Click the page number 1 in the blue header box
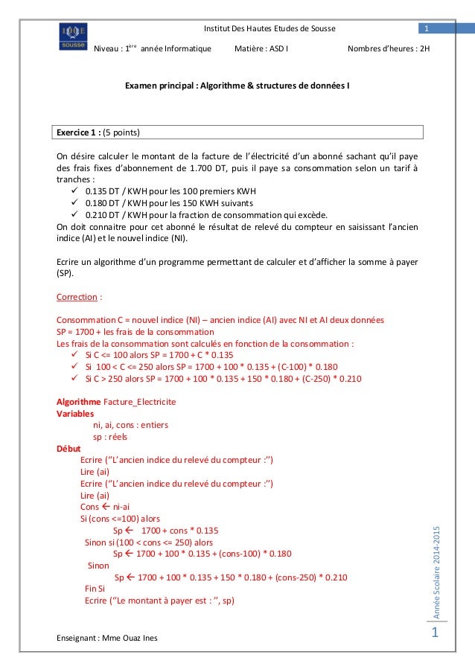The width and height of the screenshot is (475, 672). click(427, 29)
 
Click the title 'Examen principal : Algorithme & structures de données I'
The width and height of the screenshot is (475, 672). click(238, 86)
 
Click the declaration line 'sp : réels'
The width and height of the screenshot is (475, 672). click(109, 437)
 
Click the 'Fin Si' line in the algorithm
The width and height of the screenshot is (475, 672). click(95, 588)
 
